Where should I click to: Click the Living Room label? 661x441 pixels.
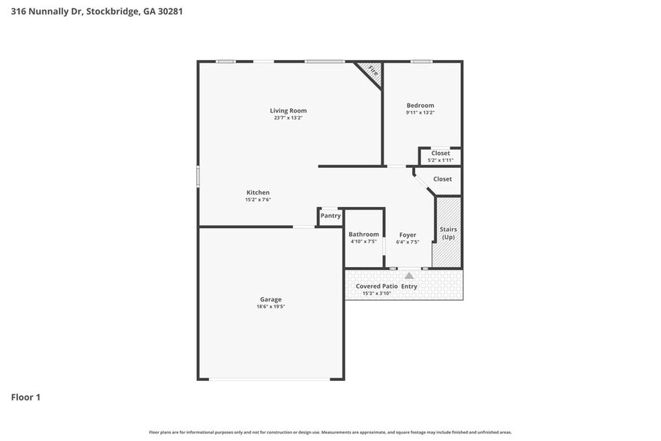(288, 111)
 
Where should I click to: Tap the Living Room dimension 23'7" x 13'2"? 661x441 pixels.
(288, 118)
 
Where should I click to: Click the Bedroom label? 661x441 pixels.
(420, 106)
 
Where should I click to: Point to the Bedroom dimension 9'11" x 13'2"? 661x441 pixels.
(420, 112)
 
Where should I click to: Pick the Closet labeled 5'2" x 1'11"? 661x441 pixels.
(440, 157)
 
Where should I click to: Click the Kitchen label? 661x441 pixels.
(257, 193)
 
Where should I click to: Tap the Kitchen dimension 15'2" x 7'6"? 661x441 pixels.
(257, 199)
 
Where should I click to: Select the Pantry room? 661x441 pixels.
(330, 216)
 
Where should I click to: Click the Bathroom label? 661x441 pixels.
(363, 234)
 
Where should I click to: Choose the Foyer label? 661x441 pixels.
(407, 235)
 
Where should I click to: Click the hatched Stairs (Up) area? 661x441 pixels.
(447, 232)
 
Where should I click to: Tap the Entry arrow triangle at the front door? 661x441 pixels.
(408, 276)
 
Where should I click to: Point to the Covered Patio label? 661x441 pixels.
(376, 286)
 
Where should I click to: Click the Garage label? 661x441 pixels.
(271, 299)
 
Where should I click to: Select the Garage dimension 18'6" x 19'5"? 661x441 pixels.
(271, 306)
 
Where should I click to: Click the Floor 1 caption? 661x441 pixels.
(25, 397)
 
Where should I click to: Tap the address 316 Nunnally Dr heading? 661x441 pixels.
(60, 11)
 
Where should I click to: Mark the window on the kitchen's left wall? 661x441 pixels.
(198, 176)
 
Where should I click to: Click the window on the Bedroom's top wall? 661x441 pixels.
(421, 61)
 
